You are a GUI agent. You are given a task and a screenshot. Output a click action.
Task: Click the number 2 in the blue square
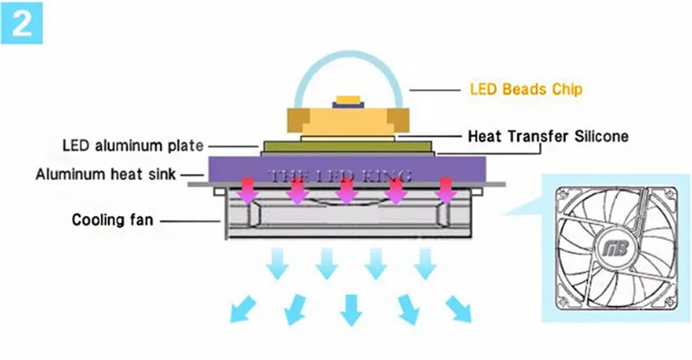pos(22,23)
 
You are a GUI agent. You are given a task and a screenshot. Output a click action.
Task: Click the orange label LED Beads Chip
pos(526,89)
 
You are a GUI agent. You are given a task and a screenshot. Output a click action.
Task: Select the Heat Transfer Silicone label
pos(548,136)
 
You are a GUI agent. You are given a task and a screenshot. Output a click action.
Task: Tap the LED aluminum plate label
pos(133,145)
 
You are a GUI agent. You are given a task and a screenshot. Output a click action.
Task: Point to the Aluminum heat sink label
pos(106,174)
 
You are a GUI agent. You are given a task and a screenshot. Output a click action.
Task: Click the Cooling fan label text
pos(112,220)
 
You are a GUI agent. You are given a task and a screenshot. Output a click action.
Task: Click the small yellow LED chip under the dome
pos(349,100)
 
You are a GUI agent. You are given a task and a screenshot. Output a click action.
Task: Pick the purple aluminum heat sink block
pos(348,169)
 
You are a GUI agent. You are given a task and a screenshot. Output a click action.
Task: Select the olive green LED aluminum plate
pos(348,146)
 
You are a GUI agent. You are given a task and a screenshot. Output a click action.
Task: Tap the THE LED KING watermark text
pos(340,177)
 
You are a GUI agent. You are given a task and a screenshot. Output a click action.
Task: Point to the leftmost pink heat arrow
pos(248,191)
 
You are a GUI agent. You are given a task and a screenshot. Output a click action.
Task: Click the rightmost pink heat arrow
pos(446,191)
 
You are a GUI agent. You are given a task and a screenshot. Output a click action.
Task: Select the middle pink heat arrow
pos(348,191)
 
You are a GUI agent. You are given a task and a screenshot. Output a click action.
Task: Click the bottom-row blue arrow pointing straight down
pos(351,310)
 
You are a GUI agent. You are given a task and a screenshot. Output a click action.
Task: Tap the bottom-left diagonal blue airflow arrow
pos(242,309)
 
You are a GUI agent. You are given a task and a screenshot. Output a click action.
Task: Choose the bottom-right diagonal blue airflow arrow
pos(458,309)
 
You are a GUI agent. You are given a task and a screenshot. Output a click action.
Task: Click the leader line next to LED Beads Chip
pos(435,91)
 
